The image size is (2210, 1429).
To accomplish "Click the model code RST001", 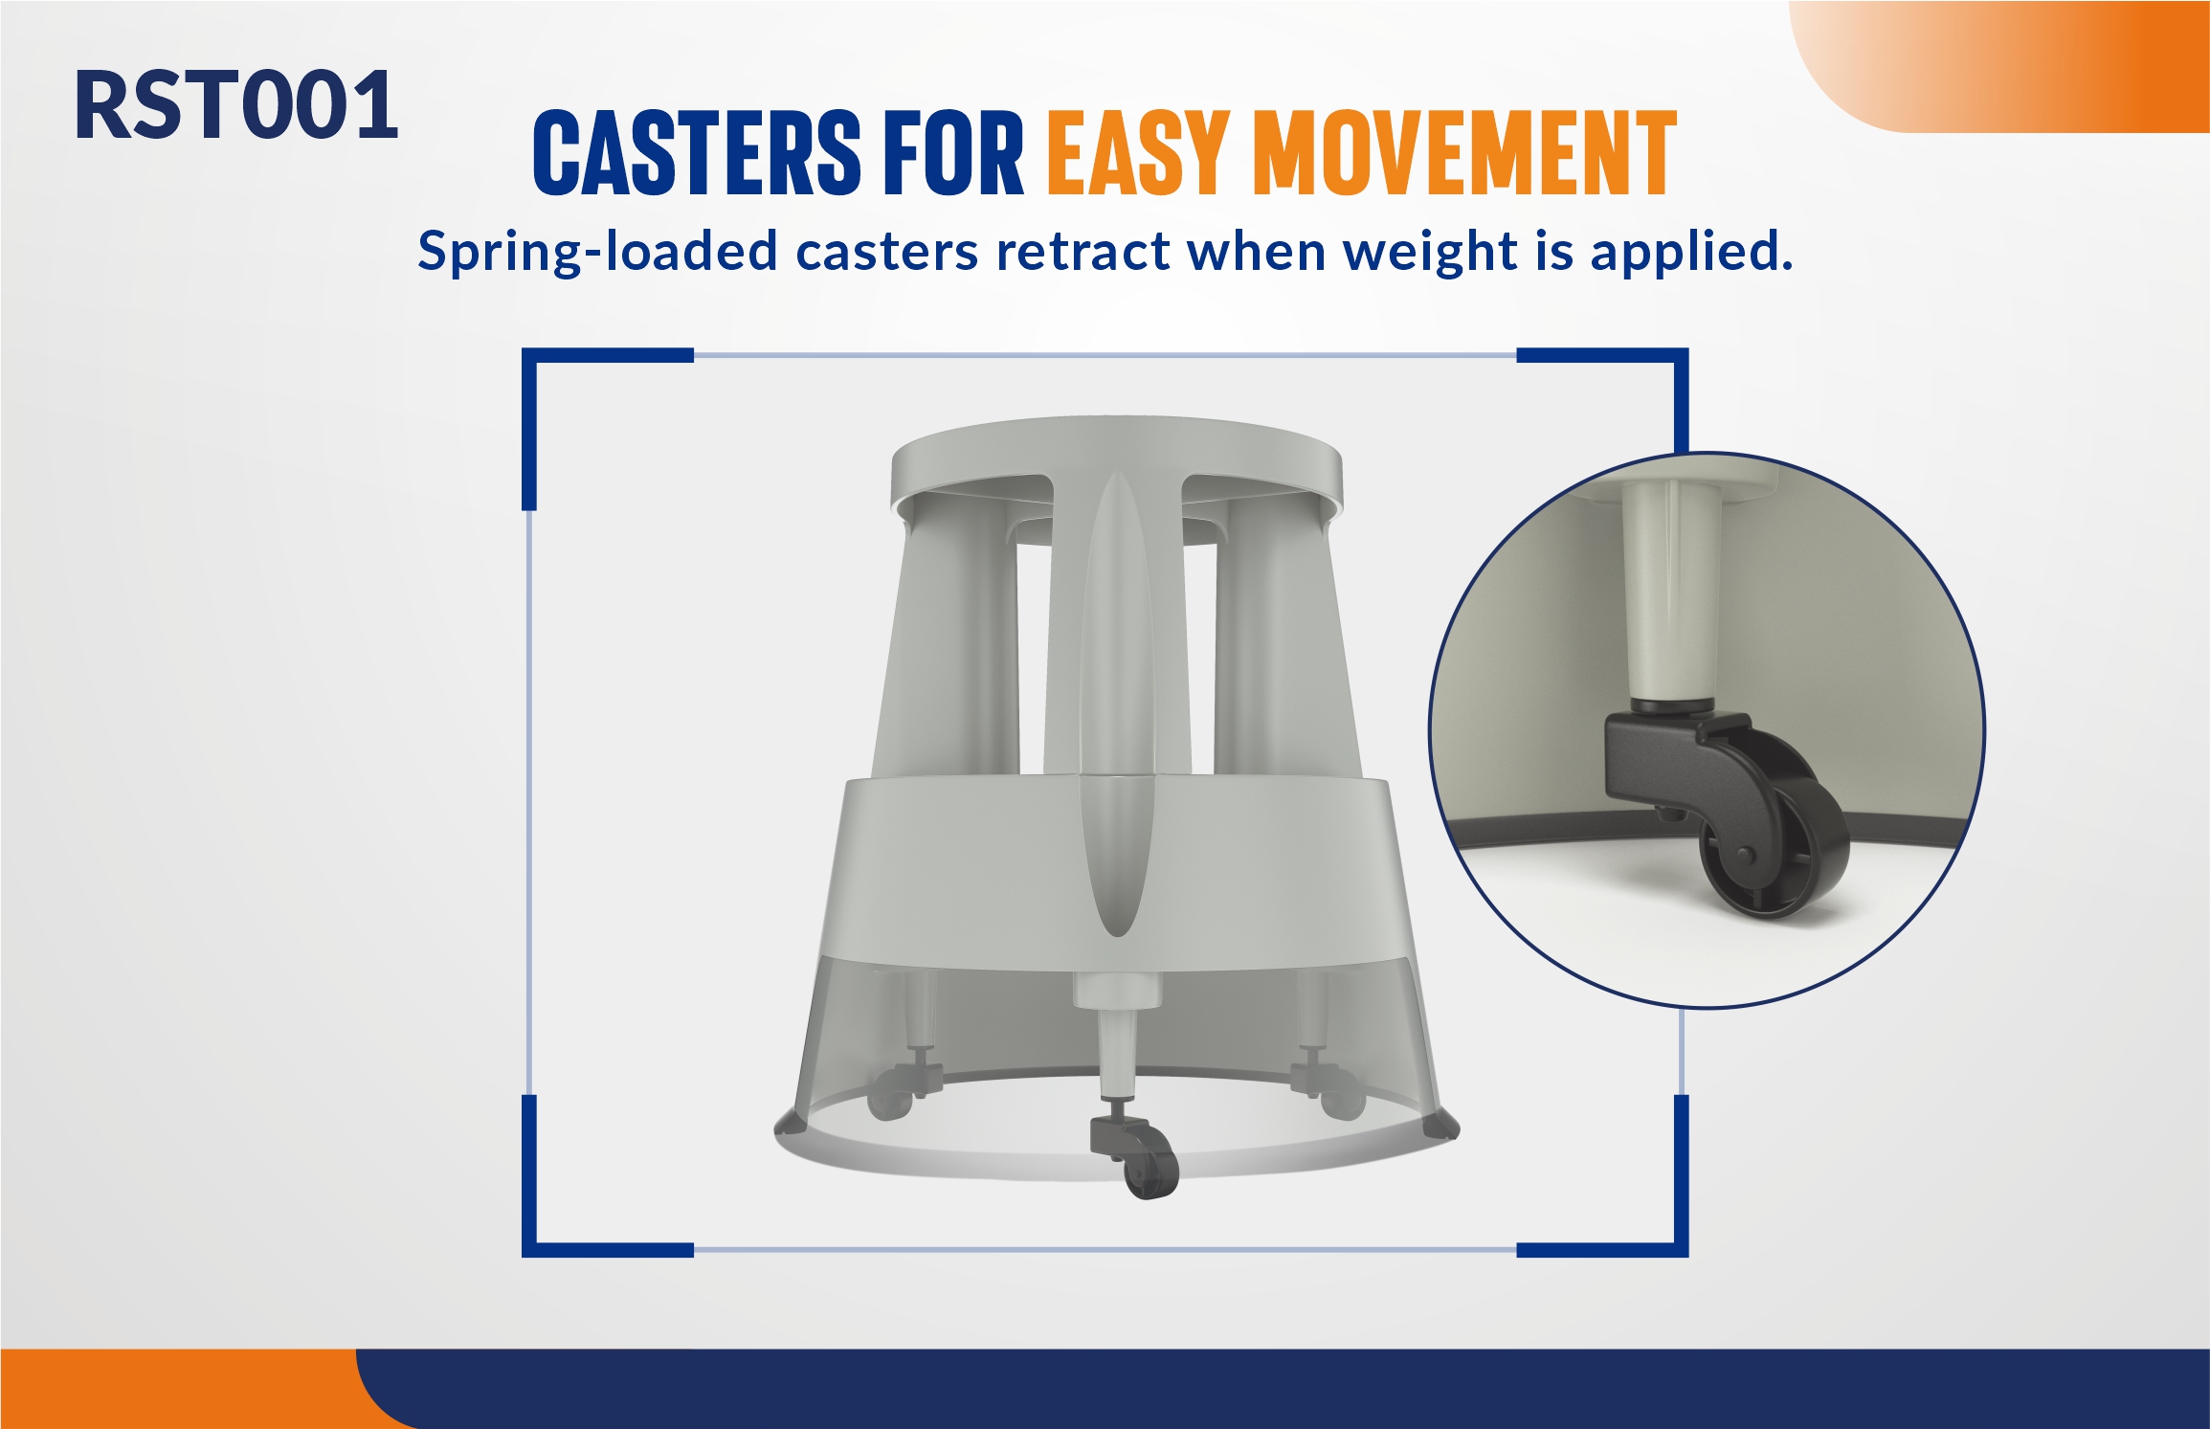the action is coord(235,105).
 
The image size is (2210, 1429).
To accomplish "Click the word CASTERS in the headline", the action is coord(697,152).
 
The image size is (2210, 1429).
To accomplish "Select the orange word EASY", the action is coord(1138,152).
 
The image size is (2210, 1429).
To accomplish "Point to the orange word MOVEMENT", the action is coord(1464,152).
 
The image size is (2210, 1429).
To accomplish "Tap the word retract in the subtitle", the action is coord(1083,251).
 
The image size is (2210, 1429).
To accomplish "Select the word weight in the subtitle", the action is coord(1431,253).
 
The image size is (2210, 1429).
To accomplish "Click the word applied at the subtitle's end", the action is coord(1691,253).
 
